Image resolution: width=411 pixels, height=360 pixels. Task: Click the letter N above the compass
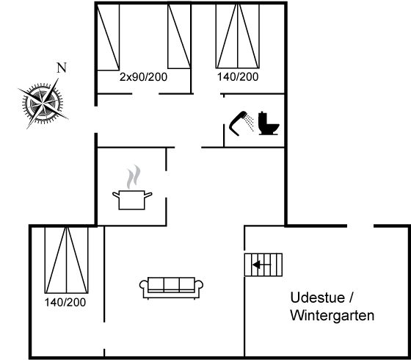(62, 68)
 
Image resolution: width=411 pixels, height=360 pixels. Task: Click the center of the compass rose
(43, 103)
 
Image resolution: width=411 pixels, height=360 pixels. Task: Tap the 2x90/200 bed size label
(143, 77)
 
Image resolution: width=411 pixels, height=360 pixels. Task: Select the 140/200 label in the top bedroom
(238, 77)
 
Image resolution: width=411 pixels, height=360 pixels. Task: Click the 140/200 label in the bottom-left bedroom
(65, 302)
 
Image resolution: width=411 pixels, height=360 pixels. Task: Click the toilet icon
(269, 123)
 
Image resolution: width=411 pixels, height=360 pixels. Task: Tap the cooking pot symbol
(132, 200)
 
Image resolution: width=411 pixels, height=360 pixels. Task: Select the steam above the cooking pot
(134, 176)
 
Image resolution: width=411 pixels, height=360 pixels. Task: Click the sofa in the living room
(171, 288)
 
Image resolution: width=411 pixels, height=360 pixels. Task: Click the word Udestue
(317, 298)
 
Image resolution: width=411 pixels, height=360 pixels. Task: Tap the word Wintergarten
(332, 315)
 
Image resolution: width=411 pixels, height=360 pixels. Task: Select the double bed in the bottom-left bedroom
(67, 260)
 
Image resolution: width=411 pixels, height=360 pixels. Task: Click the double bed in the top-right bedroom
(238, 36)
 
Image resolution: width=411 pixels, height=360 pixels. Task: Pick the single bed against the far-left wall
(109, 37)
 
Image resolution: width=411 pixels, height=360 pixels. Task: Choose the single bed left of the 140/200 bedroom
(179, 36)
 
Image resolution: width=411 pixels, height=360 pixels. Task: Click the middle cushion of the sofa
(172, 284)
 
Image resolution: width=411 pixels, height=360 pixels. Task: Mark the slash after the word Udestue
(352, 298)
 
